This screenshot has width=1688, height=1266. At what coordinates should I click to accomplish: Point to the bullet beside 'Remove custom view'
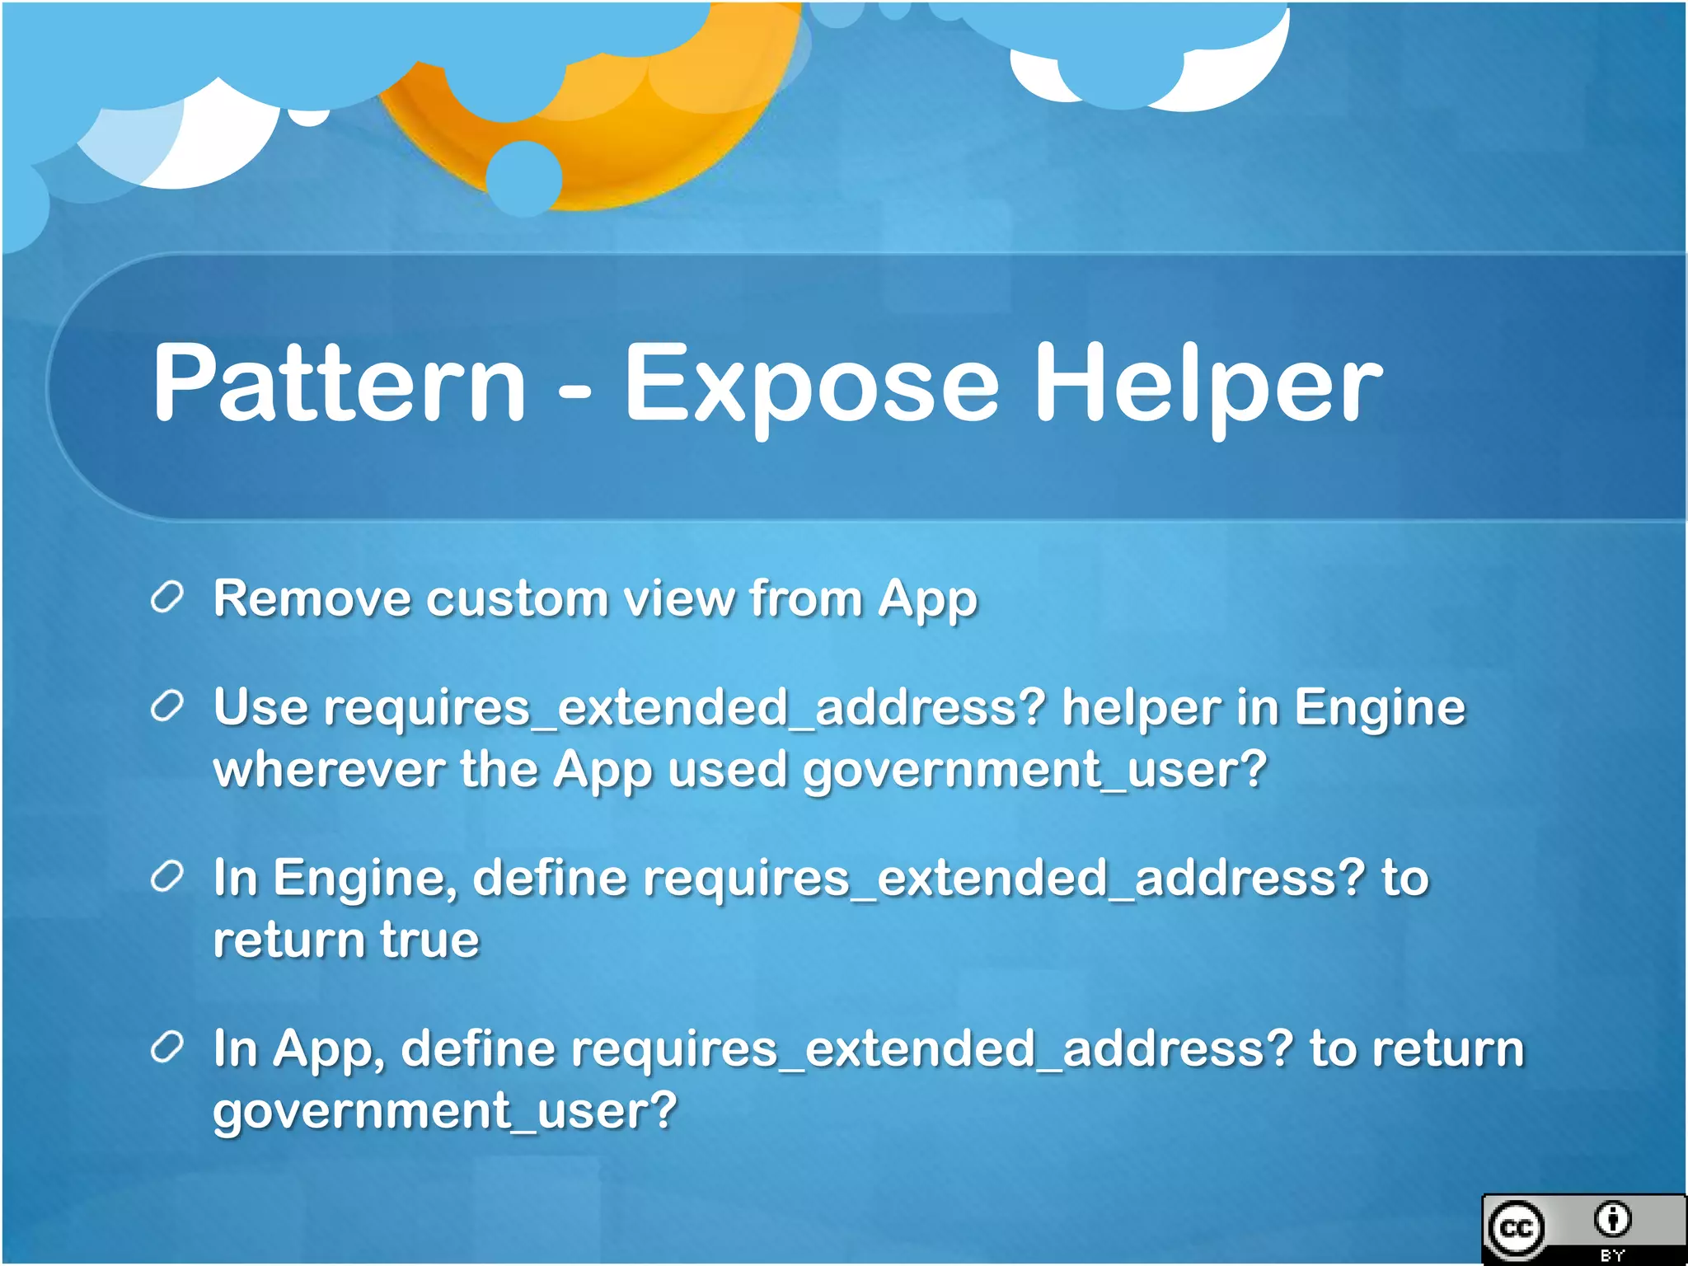coord(166,597)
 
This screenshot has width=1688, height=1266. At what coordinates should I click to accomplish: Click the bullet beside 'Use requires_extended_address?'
coord(166,706)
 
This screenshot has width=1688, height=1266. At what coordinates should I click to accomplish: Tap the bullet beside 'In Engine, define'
coord(166,877)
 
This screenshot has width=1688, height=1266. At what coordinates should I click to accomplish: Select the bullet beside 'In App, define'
coord(166,1048)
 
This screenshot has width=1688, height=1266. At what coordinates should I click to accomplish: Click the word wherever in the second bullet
coord(329,770)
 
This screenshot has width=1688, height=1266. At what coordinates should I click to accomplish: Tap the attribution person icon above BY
coord(1612,1219)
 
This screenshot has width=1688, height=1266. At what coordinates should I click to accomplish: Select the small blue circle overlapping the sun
coord(524,178)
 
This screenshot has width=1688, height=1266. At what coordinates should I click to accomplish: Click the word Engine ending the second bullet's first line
coord(1380,708)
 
